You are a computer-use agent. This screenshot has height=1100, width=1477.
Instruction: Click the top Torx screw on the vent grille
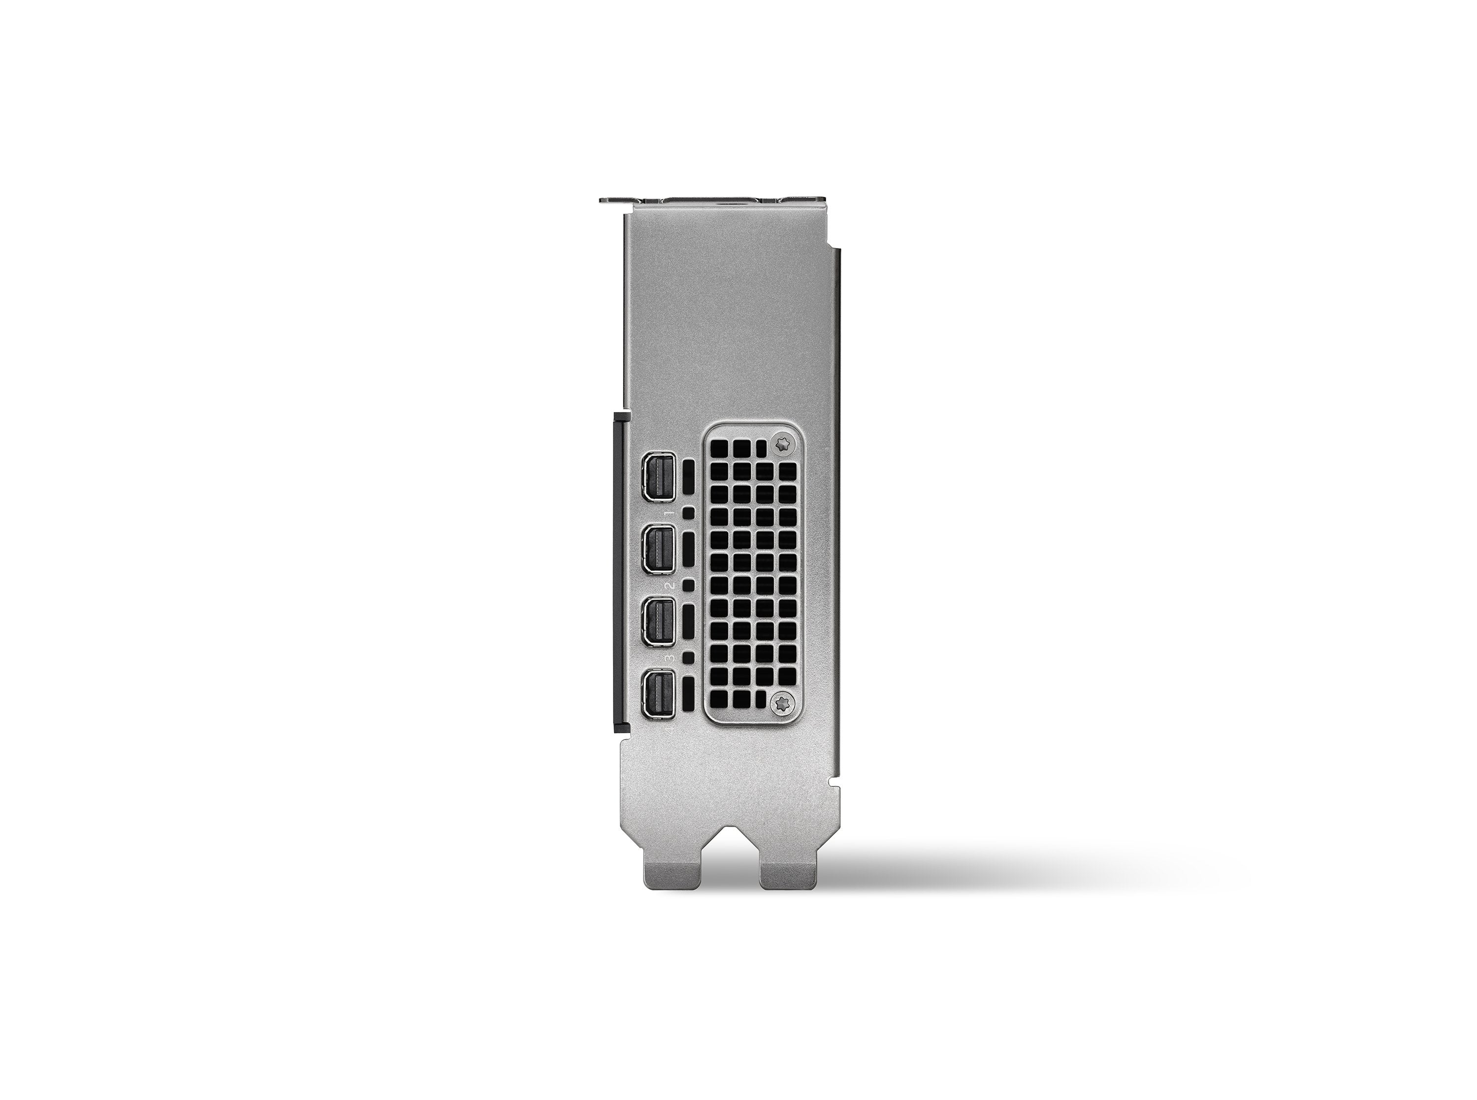click(x=784, y=443)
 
